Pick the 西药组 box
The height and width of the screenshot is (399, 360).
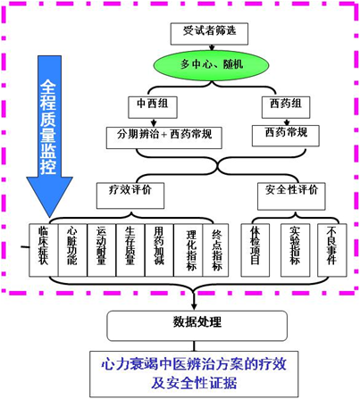279,105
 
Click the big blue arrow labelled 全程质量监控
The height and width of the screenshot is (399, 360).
49,134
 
